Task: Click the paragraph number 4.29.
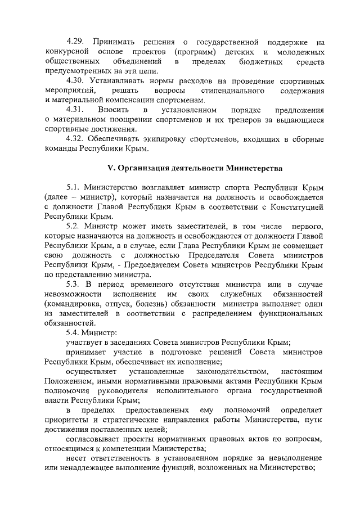75,42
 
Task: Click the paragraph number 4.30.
75,80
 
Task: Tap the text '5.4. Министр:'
90,332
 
